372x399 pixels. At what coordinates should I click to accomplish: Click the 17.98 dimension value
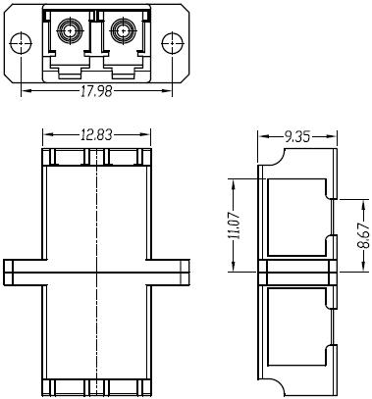[x=96, y=91]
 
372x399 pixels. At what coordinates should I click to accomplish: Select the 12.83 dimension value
[x=96, y=134]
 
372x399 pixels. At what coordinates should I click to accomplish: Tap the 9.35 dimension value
[x=297, y=136]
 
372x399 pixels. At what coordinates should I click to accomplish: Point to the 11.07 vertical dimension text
[x=235, y=225]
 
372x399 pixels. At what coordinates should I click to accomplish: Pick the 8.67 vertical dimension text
[x=363, y=235]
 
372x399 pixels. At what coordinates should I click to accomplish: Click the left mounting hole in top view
[x=21, y=43]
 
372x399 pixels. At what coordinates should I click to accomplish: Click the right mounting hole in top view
[x=173, y=43]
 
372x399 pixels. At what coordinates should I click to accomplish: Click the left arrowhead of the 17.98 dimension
[x=26, y=91]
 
